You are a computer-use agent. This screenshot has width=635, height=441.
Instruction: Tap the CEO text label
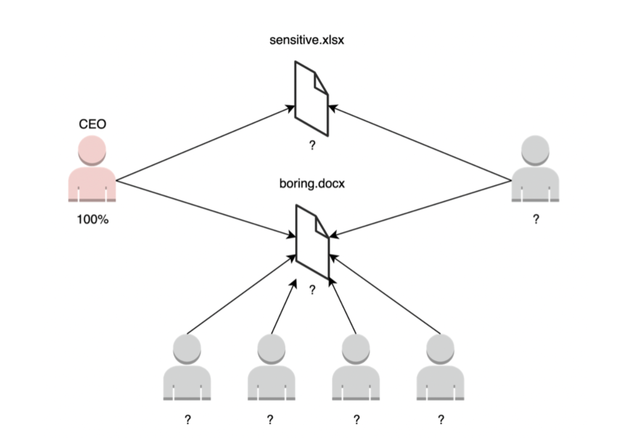[92, 124]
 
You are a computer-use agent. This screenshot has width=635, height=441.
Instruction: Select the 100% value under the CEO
[92, 220]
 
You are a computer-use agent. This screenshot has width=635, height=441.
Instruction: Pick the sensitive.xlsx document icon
[311, 98]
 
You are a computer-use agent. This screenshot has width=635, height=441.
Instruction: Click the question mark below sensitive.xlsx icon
[312, 146]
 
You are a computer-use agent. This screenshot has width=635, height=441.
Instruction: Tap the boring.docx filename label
[311, 183]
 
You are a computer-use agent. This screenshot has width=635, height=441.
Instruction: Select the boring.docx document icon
[312, 241]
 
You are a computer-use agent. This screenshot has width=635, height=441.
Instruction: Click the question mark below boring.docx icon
[312, 290]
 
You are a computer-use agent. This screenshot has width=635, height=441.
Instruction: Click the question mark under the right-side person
[536, 220]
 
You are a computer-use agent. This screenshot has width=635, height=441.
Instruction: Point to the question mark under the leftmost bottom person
[187, 420]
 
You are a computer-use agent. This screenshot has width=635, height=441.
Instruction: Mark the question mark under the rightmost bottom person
[441, 420]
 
